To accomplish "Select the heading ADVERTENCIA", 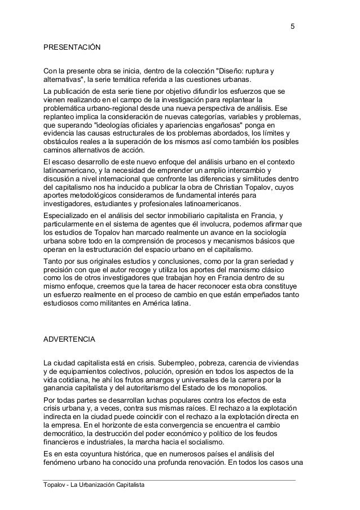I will pyautogui.click(x=70, y=341).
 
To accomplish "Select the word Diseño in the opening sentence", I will pyautogui.click(x=233, y=71).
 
